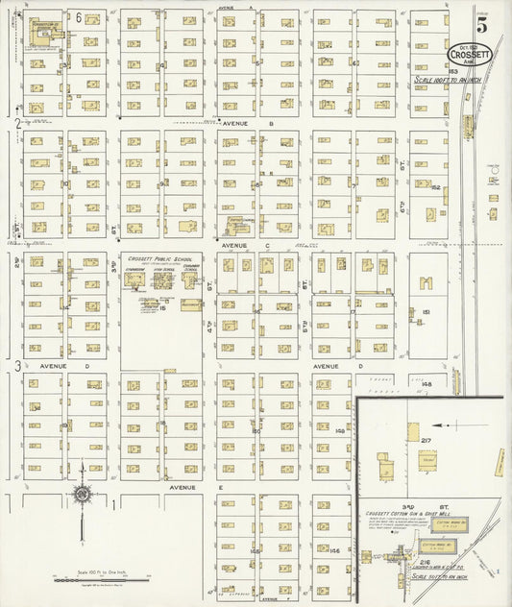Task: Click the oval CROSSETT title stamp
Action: pos(469,56)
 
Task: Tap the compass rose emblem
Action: pos(83,495)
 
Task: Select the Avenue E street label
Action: pos(183,487)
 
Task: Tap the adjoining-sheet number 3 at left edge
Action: pos(17,366)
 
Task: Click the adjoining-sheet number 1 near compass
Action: pos(113,503)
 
